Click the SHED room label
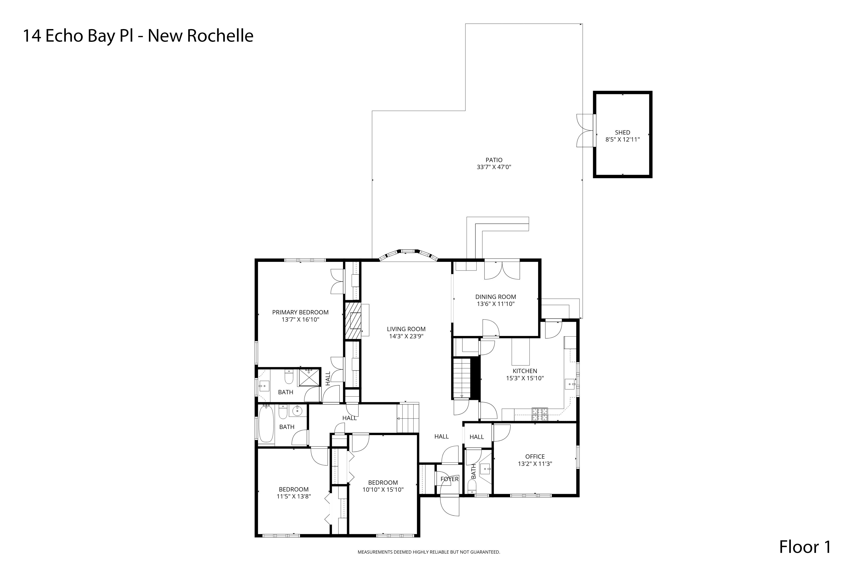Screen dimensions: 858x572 tap(622, 132)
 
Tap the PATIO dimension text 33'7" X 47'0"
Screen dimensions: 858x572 tap(494, 167)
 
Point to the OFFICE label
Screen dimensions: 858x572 tap(535, 456)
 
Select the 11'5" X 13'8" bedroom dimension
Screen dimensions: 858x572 tap(294, 496)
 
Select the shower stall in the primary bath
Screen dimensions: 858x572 tap(309, 377)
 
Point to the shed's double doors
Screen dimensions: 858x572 tap(585, 130)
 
